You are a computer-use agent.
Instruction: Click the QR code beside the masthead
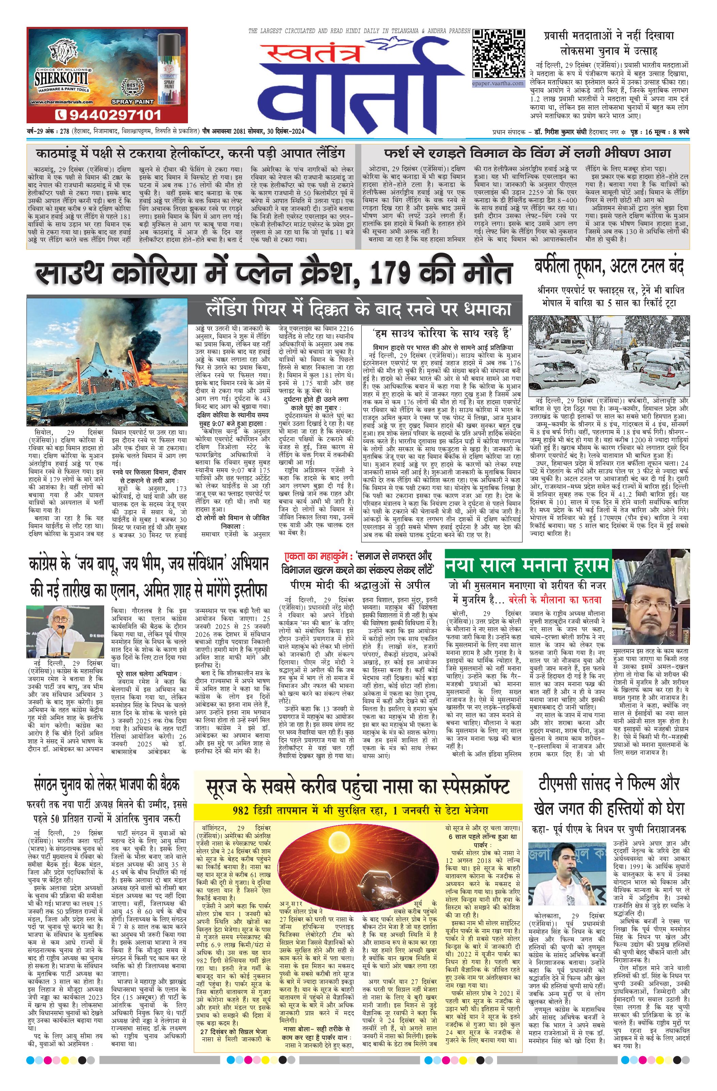point(498,54)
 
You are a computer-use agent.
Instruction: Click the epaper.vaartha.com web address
point(498,83)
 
